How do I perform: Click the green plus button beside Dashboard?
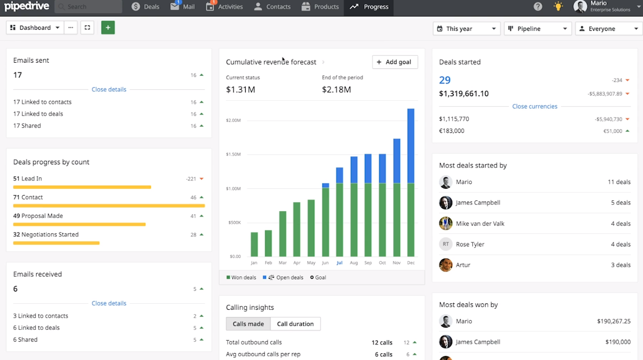click(x=108, y=28)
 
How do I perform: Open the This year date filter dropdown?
click(x=466, y=29)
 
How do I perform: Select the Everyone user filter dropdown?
click(x=608, y=29)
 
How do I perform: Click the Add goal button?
click(x=395, y=62)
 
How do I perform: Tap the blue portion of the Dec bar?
click(x=411, y=145)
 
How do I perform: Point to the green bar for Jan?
click(x=254, y=244)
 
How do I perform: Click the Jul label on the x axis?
click(x=340, y=263)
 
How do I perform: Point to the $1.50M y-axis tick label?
click(x=233, y=154)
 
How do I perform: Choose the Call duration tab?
click(x=295, y=324)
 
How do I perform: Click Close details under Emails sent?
click(x=109, y=90)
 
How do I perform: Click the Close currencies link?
click(x=534, y=106)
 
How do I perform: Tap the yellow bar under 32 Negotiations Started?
click(x=56, y=243)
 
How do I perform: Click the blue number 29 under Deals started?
click(x=444, y=80)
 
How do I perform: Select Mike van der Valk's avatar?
click(x=446, y=223)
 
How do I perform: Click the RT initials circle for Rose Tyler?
click(x=446, y=244)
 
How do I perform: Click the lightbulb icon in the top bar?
click(x=558, y=6)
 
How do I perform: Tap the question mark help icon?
click(x=538, y=6)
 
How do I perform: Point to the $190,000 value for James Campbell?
click(x=618, y=342)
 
